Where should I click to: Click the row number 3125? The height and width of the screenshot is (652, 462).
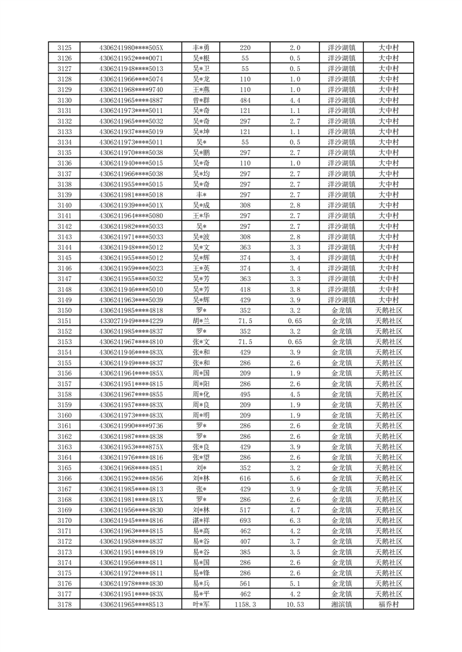tap(65, 48)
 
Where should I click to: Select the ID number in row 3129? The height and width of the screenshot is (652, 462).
tap(132, 89)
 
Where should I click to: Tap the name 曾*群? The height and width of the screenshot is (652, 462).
tap(201, 100)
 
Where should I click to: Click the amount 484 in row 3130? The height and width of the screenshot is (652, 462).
tap(245, 100)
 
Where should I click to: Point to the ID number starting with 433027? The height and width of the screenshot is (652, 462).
tap(132, 321)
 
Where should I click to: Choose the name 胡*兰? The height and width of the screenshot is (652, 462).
tap(201, 321)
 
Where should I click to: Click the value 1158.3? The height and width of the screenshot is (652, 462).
tap(245, 604)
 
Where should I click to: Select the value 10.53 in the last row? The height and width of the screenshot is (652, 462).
tap(295, 604)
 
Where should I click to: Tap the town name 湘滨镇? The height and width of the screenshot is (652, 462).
tap(342, 604)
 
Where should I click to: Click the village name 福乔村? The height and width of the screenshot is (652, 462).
tap(388, 604)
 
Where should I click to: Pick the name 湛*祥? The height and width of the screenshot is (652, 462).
tap(201, 520)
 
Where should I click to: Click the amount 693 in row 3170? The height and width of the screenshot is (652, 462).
tap(245, 520)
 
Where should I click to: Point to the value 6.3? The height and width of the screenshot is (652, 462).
tap(295, 520)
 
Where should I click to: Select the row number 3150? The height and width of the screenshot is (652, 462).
tap(65, 310)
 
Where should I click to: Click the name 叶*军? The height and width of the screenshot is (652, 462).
tap(201, 604)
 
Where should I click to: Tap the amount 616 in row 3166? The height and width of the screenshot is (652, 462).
tap(245, 478)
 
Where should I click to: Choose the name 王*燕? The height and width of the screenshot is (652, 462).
tap(201, 89)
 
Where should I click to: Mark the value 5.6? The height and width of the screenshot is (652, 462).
tap(295, 478)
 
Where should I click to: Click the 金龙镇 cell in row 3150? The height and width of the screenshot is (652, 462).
tap(342, 310)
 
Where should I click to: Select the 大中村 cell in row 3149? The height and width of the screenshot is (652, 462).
tap(388, 300)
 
